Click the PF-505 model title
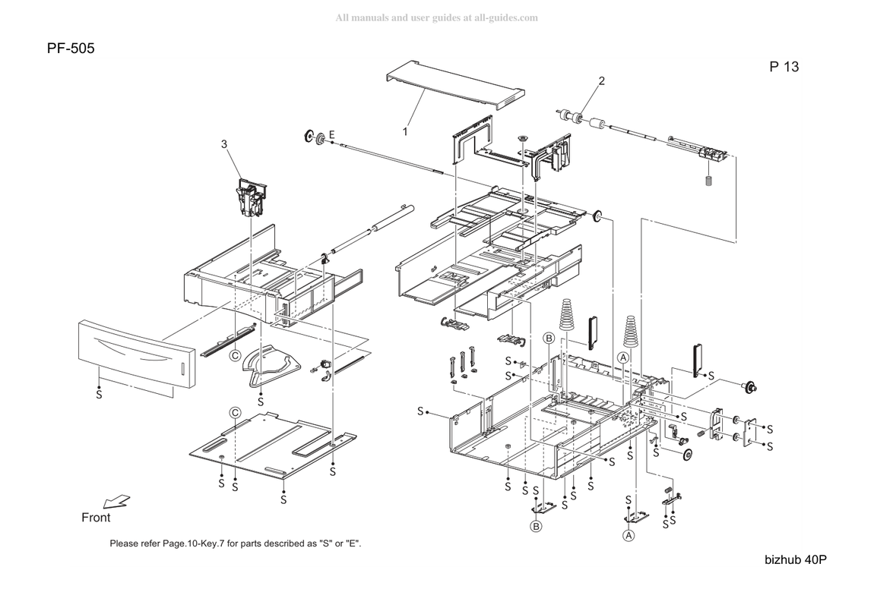click(71, 49)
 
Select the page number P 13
click(784, 67)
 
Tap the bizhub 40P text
click(796, 560)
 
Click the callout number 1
click(405, 131)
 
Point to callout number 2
click(601, 80)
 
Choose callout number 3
click(224, 144)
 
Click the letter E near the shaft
click(332, 134)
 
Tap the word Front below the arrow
click(96, 518)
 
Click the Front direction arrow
click(117, 502)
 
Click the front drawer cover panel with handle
click(137, 353)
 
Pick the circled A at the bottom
click(629, 535)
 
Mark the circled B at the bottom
click(536, 526)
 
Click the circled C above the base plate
click(236, 412)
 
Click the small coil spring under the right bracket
click(709, 181)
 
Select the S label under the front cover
click(100, 395)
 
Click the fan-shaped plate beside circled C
click(272, 365)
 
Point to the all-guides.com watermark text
click(436, 17)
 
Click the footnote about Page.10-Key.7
click(236, 543)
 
